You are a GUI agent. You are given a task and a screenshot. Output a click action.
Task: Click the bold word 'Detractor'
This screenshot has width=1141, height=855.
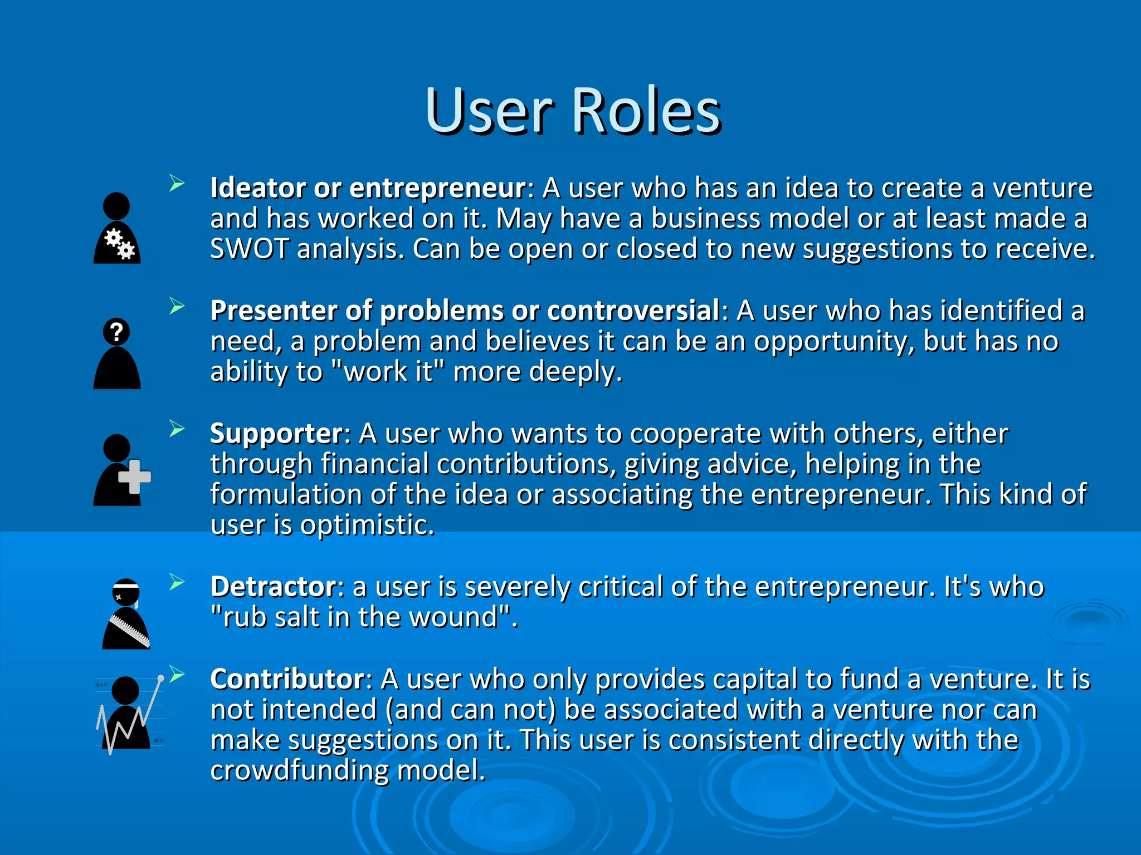tap(273, 587)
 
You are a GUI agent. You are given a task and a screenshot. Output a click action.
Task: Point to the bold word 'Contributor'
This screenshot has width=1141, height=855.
tap(287, 679)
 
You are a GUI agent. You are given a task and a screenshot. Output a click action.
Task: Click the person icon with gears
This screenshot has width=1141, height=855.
tap(117, 228)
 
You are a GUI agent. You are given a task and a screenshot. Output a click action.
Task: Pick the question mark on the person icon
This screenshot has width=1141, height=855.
tap(116, 332)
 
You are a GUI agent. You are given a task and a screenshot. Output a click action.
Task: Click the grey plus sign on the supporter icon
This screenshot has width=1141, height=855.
tap(134, 477)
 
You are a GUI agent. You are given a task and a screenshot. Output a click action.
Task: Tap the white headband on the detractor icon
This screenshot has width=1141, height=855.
tap(126, 586)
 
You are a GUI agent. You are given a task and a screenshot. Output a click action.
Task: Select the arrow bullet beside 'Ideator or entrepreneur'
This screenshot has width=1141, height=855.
tap(177, 183)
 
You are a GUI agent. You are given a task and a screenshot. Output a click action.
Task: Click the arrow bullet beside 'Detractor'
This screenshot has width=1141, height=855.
tap(177, 582)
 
